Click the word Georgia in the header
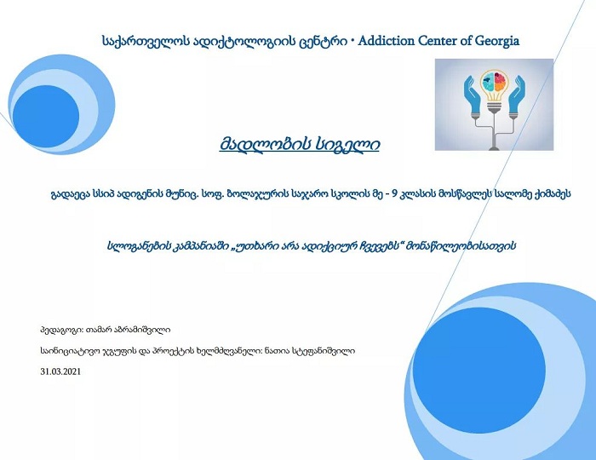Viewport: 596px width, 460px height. (x=496, y=41)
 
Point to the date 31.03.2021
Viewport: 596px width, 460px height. (x=60, y=371)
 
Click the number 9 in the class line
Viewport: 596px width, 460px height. (x=394, y=194)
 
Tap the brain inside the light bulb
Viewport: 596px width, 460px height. (x=494, y=81)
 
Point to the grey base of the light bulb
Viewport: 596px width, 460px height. (x=494, y=107)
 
